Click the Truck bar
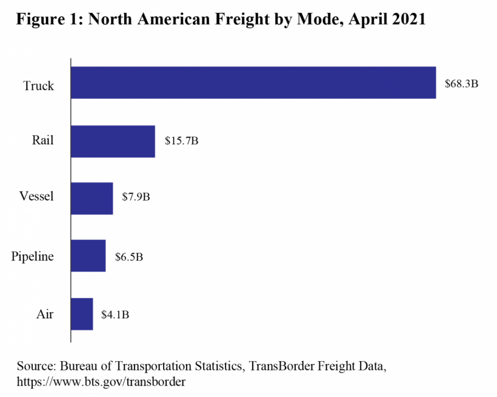click(x=253, y=82)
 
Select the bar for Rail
click(x=113, y=141)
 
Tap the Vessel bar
click(x=92, y=198)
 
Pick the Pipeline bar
click(x=88, y=256)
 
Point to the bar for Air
click(x=82, y=314)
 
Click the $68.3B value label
click(x=462, y=83)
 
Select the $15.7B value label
click(x=182, y=141)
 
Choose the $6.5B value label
click(x=129, y=256)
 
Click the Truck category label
click(x=39, y=85)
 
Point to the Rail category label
click(x=43, y=141)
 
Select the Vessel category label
click(x=36, y=196)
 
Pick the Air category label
click(x=44, y=315)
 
